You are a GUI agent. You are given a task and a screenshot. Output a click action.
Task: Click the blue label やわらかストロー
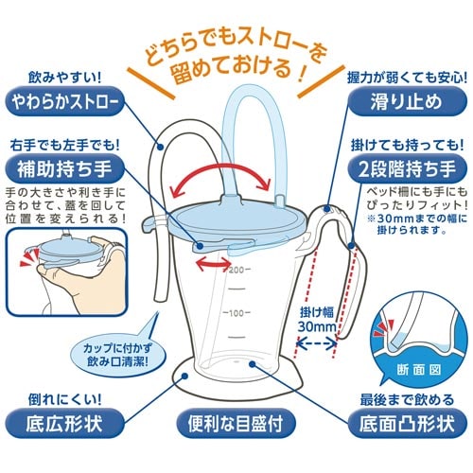click(x=65, y=101)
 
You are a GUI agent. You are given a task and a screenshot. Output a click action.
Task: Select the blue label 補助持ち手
click(x=64, y=168)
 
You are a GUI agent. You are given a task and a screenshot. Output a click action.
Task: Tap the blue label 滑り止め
click(x=407, y=101)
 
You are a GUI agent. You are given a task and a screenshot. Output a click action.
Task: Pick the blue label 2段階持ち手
click(x=408, y=168)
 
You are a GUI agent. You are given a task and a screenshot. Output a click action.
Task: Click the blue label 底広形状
click(x=64, y=423)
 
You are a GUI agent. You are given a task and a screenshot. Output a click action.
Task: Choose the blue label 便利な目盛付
click(x=236, y=423)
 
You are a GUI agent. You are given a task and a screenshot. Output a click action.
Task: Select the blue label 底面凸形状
click(x=408, y=423)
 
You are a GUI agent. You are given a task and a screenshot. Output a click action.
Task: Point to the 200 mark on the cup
click(x=236, y=270)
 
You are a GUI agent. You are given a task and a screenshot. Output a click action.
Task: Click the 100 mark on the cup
click(x=236, y=313)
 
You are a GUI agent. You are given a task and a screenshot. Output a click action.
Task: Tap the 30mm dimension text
click(x=317, y=326)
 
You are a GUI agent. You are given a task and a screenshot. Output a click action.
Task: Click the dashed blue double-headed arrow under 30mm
click(x=317, y=343)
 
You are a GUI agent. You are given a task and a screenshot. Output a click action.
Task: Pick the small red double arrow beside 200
click(x=213, y=264)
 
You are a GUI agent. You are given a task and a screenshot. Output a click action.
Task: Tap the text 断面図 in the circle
click(x=419, y=370)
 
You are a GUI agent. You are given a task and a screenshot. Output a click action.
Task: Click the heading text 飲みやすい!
click(x=65, y=78)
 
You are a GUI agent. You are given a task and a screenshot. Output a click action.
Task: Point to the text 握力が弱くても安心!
click(x=407, y=78)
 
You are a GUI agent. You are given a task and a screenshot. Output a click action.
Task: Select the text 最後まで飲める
click(x=407, y=400)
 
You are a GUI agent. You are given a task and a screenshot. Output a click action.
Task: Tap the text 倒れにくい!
click(x=65, y=400)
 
